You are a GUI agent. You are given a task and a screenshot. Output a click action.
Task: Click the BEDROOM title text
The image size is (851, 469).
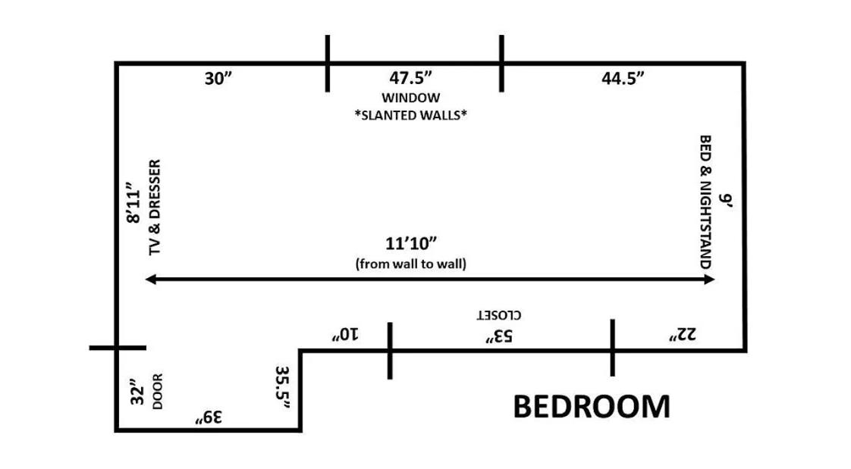(x=592, y=407)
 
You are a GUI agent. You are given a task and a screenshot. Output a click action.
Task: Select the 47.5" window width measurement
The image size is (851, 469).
(x=410, y=78)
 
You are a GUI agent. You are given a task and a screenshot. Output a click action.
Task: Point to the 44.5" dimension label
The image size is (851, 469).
(x=623, y=78)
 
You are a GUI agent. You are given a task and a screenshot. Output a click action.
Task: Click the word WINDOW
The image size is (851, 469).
(x=410, y=98)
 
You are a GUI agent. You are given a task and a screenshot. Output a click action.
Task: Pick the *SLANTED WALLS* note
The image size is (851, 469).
(x=410, y=116)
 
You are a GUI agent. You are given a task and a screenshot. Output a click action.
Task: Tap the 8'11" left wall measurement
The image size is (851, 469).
(x=134, y=203)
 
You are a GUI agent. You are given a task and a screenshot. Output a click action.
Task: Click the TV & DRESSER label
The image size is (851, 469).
(x=155, y=207)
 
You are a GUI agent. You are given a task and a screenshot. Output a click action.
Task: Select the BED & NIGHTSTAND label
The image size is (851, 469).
(x=705, y=202)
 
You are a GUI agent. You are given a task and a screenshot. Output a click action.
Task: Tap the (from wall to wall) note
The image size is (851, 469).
(x=410, y=264)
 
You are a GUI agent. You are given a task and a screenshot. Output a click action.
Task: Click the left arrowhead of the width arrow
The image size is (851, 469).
(x=149, y=280)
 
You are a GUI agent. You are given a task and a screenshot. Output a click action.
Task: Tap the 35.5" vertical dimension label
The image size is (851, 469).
(x=282, y=387)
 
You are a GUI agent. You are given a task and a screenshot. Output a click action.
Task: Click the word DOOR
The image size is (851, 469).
(x=158, y=392)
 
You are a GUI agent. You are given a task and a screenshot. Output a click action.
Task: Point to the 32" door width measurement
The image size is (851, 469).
(x=137, y=392)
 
